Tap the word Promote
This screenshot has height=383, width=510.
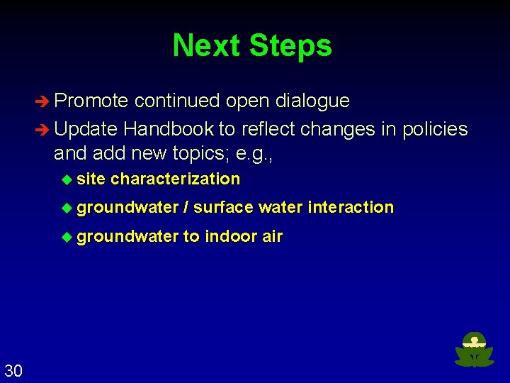[91, 101]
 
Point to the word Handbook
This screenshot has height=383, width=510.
[168, 129]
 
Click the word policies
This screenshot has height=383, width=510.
[435, 129]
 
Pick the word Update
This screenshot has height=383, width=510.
[86, 129]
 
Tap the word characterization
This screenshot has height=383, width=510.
[175, 179]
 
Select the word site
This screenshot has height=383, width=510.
[91, 179]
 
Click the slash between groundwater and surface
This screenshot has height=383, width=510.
[186, 207]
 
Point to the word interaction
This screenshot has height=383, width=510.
[351, 207]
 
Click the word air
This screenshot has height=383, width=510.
[272, 236]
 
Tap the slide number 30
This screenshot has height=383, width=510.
[13, 370]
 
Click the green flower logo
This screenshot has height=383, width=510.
[474, 350]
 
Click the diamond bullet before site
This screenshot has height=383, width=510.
[67, 179]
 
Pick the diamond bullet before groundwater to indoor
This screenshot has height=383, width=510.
[67, 237]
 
